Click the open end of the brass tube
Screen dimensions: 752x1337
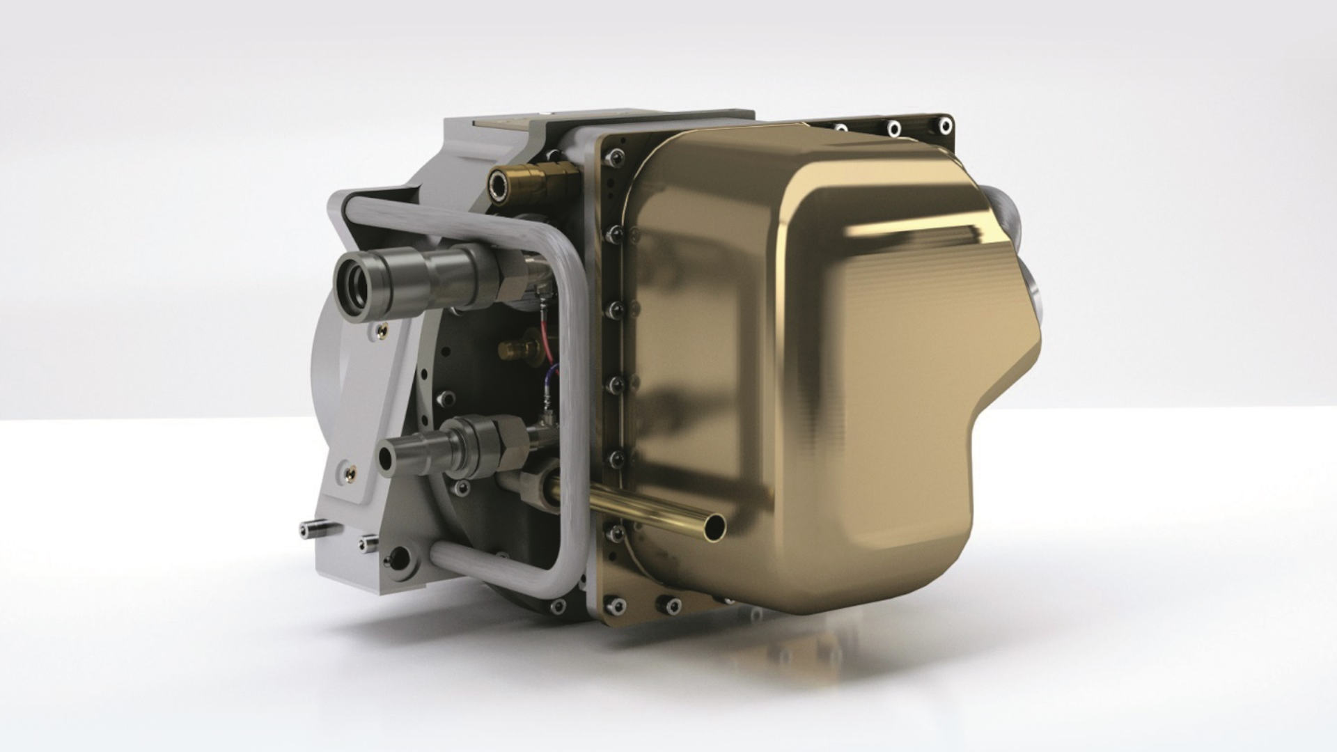tap(714, 527)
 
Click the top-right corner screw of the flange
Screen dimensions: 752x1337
tap(945, 126)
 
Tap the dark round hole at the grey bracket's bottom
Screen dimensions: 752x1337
tap(398, 557)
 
